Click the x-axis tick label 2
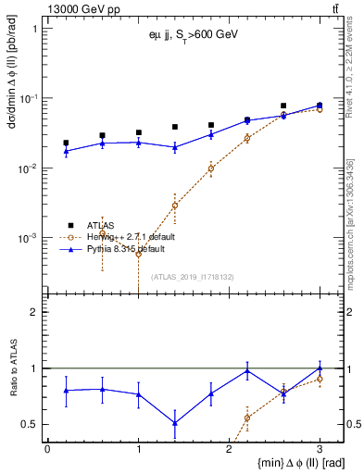(229, 448)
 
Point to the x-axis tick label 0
(47, 448)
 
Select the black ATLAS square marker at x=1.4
(174, 127)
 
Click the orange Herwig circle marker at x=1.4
(174, 206)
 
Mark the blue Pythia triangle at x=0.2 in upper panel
(66, 151)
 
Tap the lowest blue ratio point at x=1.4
(174, 422)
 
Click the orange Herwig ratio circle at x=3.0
(320, 379)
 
